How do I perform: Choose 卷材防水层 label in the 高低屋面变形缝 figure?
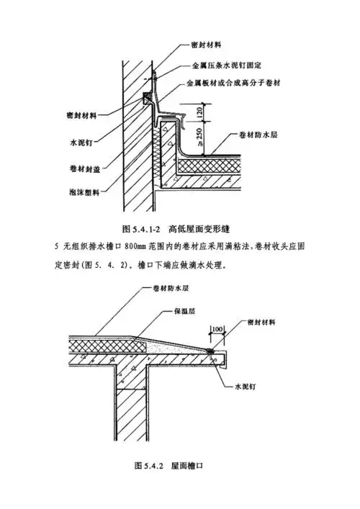pos(264,135)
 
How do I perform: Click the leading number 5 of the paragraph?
pos(56,246)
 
